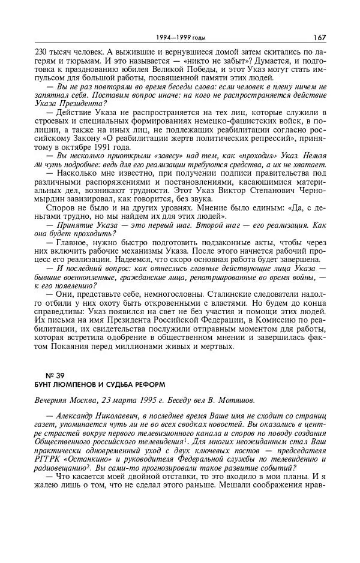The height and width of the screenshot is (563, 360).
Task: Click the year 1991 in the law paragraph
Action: pos(109,147)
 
